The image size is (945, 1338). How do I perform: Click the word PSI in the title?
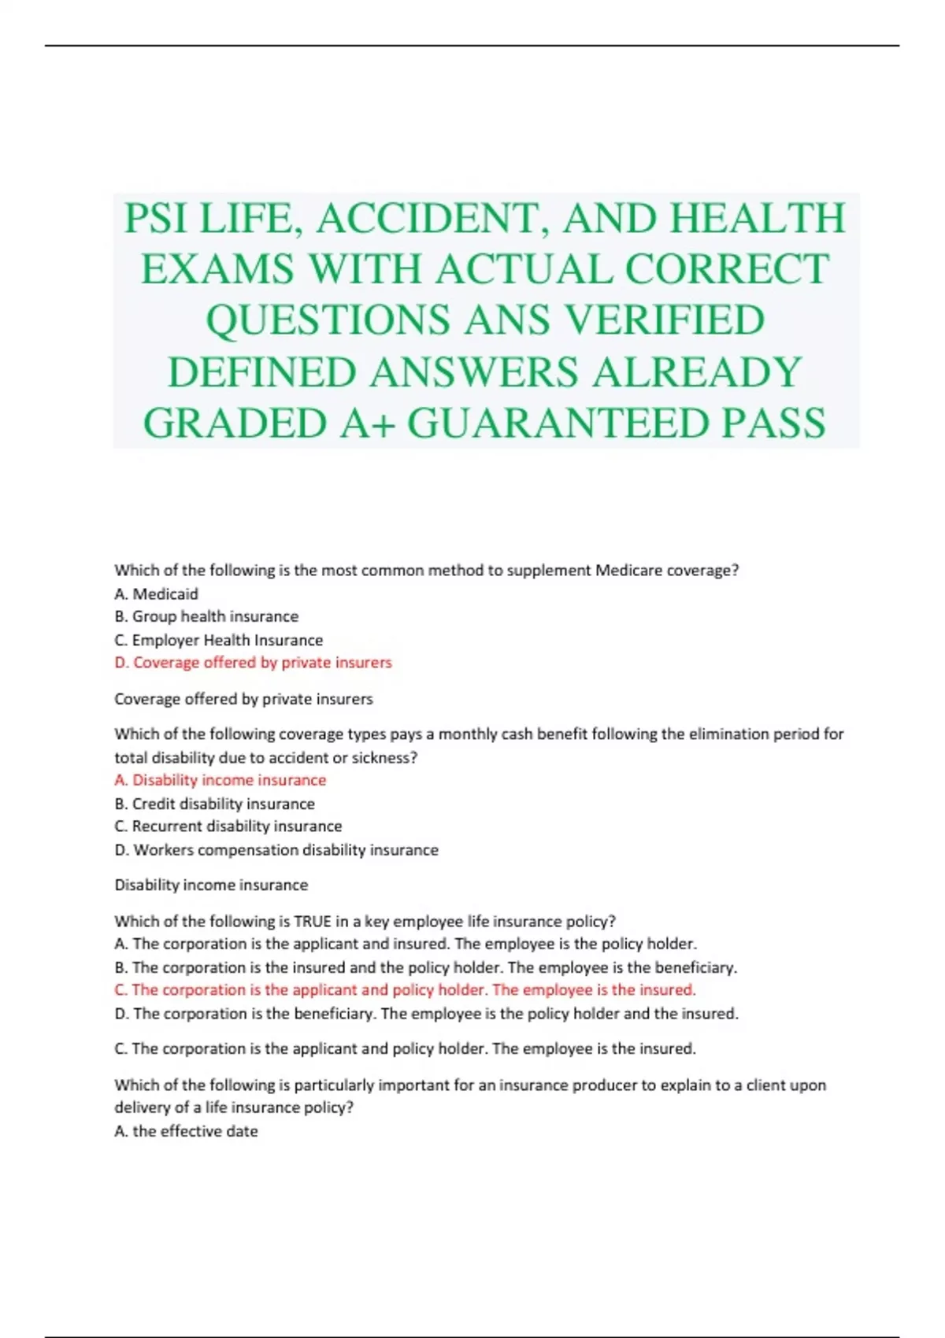pos(156,218)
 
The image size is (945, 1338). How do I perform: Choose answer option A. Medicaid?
pos(156,593)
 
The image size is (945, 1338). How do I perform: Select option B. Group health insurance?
pos(206,616)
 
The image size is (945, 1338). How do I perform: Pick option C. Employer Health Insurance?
pos(218,640)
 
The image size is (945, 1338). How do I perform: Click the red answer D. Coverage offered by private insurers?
pos(253,663)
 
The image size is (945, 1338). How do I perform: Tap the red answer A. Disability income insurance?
pos(220,780)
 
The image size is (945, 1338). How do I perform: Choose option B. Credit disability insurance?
pos(214,804)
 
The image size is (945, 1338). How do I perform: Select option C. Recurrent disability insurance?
pos(228,826)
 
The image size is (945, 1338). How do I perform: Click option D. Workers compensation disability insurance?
pos(276,850)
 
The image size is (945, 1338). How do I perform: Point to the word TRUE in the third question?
pos(312,921)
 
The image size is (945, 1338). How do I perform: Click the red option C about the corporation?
pos(405,990)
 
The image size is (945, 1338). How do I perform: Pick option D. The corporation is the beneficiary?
pos(426,1014)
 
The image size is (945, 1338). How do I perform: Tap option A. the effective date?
pos(186,1131)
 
